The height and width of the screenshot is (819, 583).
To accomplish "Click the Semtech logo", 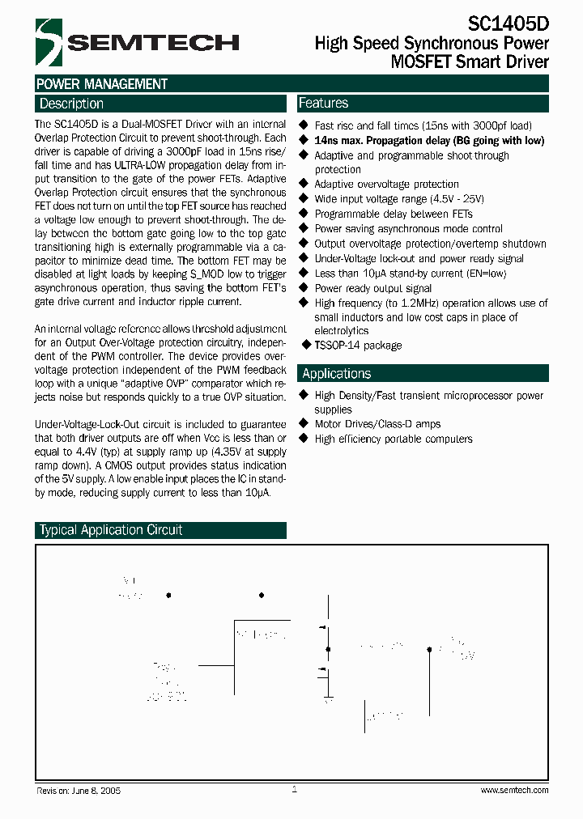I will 137,41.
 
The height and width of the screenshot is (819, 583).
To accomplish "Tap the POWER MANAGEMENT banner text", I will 102,84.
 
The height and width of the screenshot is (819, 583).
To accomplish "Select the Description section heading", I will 72,104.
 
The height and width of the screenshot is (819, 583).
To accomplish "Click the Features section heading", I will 324,103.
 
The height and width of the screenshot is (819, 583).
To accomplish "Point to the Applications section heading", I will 336,373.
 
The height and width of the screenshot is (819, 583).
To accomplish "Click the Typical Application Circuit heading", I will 111,530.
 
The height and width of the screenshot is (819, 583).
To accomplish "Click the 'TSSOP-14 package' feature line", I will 358,345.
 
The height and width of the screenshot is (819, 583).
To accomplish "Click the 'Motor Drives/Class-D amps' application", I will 377,424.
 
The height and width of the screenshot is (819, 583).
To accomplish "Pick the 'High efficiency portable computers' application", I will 394,439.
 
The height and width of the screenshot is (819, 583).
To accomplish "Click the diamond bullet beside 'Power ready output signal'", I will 304,287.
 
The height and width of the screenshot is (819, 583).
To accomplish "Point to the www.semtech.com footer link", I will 514,790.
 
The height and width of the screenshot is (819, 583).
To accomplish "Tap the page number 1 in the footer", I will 294,789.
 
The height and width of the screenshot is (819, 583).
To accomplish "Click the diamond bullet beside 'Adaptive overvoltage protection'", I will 304,184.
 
